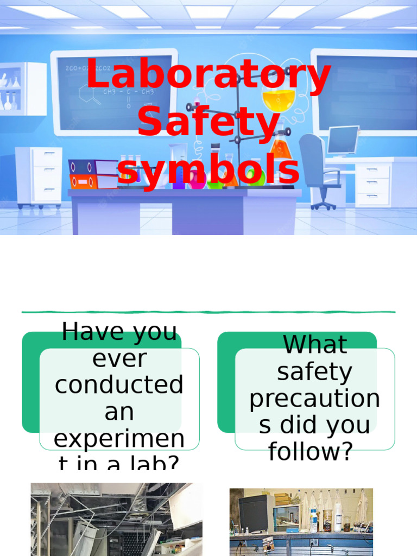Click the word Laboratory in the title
click(208, 76)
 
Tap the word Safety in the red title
click(208, 122)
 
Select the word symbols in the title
click(208, 169)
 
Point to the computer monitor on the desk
click(343, 140)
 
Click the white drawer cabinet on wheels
click(39, 176)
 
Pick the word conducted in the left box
click(119, 385)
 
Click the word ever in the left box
click(119, 358)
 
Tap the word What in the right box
click(315, 345)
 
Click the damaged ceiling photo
click(116, 519)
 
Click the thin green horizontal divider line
click(208, 312)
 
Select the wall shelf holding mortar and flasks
click(23, 89)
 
